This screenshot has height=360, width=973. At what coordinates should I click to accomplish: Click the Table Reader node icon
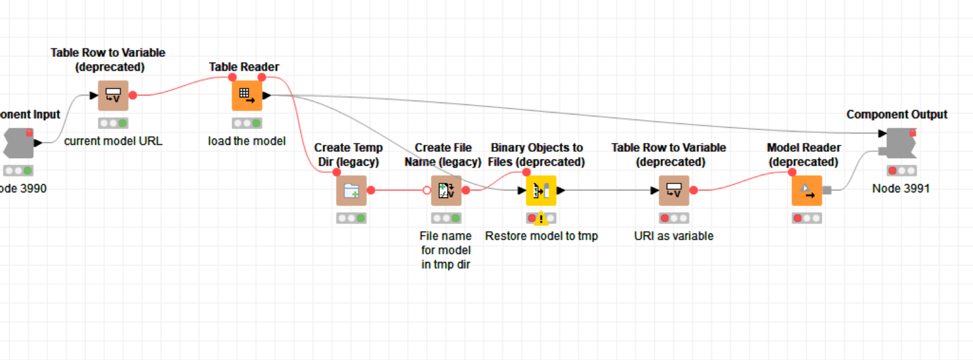247,96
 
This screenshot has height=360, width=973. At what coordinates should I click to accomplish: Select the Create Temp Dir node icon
351,190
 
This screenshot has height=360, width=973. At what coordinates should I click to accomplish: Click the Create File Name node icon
447,190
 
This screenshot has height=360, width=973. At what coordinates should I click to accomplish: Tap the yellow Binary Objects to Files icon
541,190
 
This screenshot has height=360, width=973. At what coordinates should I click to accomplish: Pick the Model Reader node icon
807,190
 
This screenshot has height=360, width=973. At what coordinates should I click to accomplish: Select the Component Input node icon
18,143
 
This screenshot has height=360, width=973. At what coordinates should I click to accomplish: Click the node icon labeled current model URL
113,96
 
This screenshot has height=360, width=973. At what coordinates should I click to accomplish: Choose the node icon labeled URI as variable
674,190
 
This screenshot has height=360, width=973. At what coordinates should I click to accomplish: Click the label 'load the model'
247,141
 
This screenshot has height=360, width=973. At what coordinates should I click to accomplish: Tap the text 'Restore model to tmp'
542,236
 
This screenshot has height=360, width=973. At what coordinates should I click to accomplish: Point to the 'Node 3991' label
901,188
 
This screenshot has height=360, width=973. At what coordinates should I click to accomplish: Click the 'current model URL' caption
113,141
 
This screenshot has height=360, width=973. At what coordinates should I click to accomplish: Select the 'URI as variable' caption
674,236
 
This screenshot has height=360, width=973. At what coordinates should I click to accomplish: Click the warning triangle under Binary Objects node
541,219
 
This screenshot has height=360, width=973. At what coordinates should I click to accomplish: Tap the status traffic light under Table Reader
247,123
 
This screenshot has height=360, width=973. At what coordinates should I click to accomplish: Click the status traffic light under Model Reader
807,218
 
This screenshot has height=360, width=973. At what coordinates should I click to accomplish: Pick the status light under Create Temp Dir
351,218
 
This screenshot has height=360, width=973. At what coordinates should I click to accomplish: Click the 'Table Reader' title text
244,66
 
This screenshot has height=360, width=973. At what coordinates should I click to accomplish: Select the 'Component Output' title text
897,115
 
